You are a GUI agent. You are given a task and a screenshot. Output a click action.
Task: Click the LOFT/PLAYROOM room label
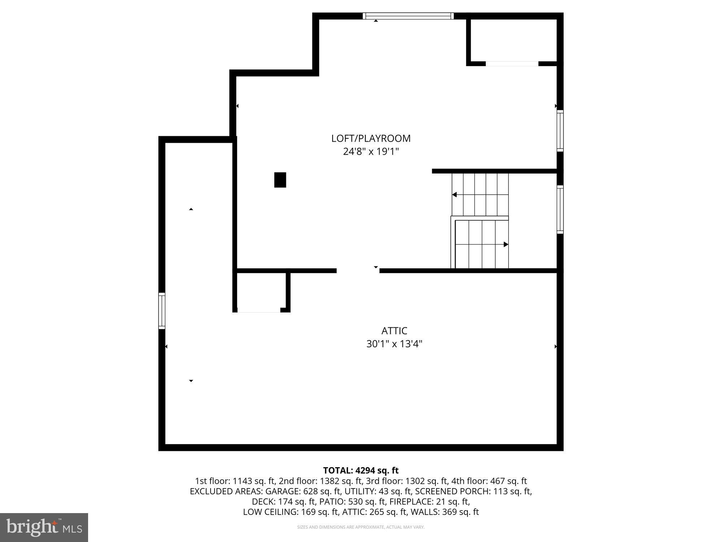tap(371, 138)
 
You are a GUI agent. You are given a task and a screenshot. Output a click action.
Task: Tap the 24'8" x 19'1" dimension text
tap(371, 151)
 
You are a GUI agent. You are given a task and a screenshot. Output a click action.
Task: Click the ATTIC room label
tap(394, 331)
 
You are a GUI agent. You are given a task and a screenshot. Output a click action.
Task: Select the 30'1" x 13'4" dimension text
tap(394, 344)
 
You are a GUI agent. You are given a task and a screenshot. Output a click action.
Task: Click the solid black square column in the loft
tap(280, 180)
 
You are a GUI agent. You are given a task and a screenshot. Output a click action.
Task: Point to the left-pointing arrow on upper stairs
tap(454, 195)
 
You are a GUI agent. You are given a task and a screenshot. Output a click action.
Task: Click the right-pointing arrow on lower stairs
tap(506, 245)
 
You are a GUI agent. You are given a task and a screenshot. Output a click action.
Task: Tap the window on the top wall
tap(408, 16)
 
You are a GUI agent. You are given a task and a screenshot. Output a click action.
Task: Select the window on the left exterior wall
tap(162, 311)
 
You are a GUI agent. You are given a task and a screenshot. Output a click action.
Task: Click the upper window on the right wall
tap(560, 131)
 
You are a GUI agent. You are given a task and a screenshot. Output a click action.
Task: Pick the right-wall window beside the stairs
tap(560, 210)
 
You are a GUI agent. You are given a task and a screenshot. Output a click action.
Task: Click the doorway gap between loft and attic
tap(358, 271)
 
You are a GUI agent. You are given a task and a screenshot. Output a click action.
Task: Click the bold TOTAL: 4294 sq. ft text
tap(361, 470)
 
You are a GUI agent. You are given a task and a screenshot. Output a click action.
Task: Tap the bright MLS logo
tap(44, 528)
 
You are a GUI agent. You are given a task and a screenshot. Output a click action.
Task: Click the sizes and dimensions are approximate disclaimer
tap(361, 527)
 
